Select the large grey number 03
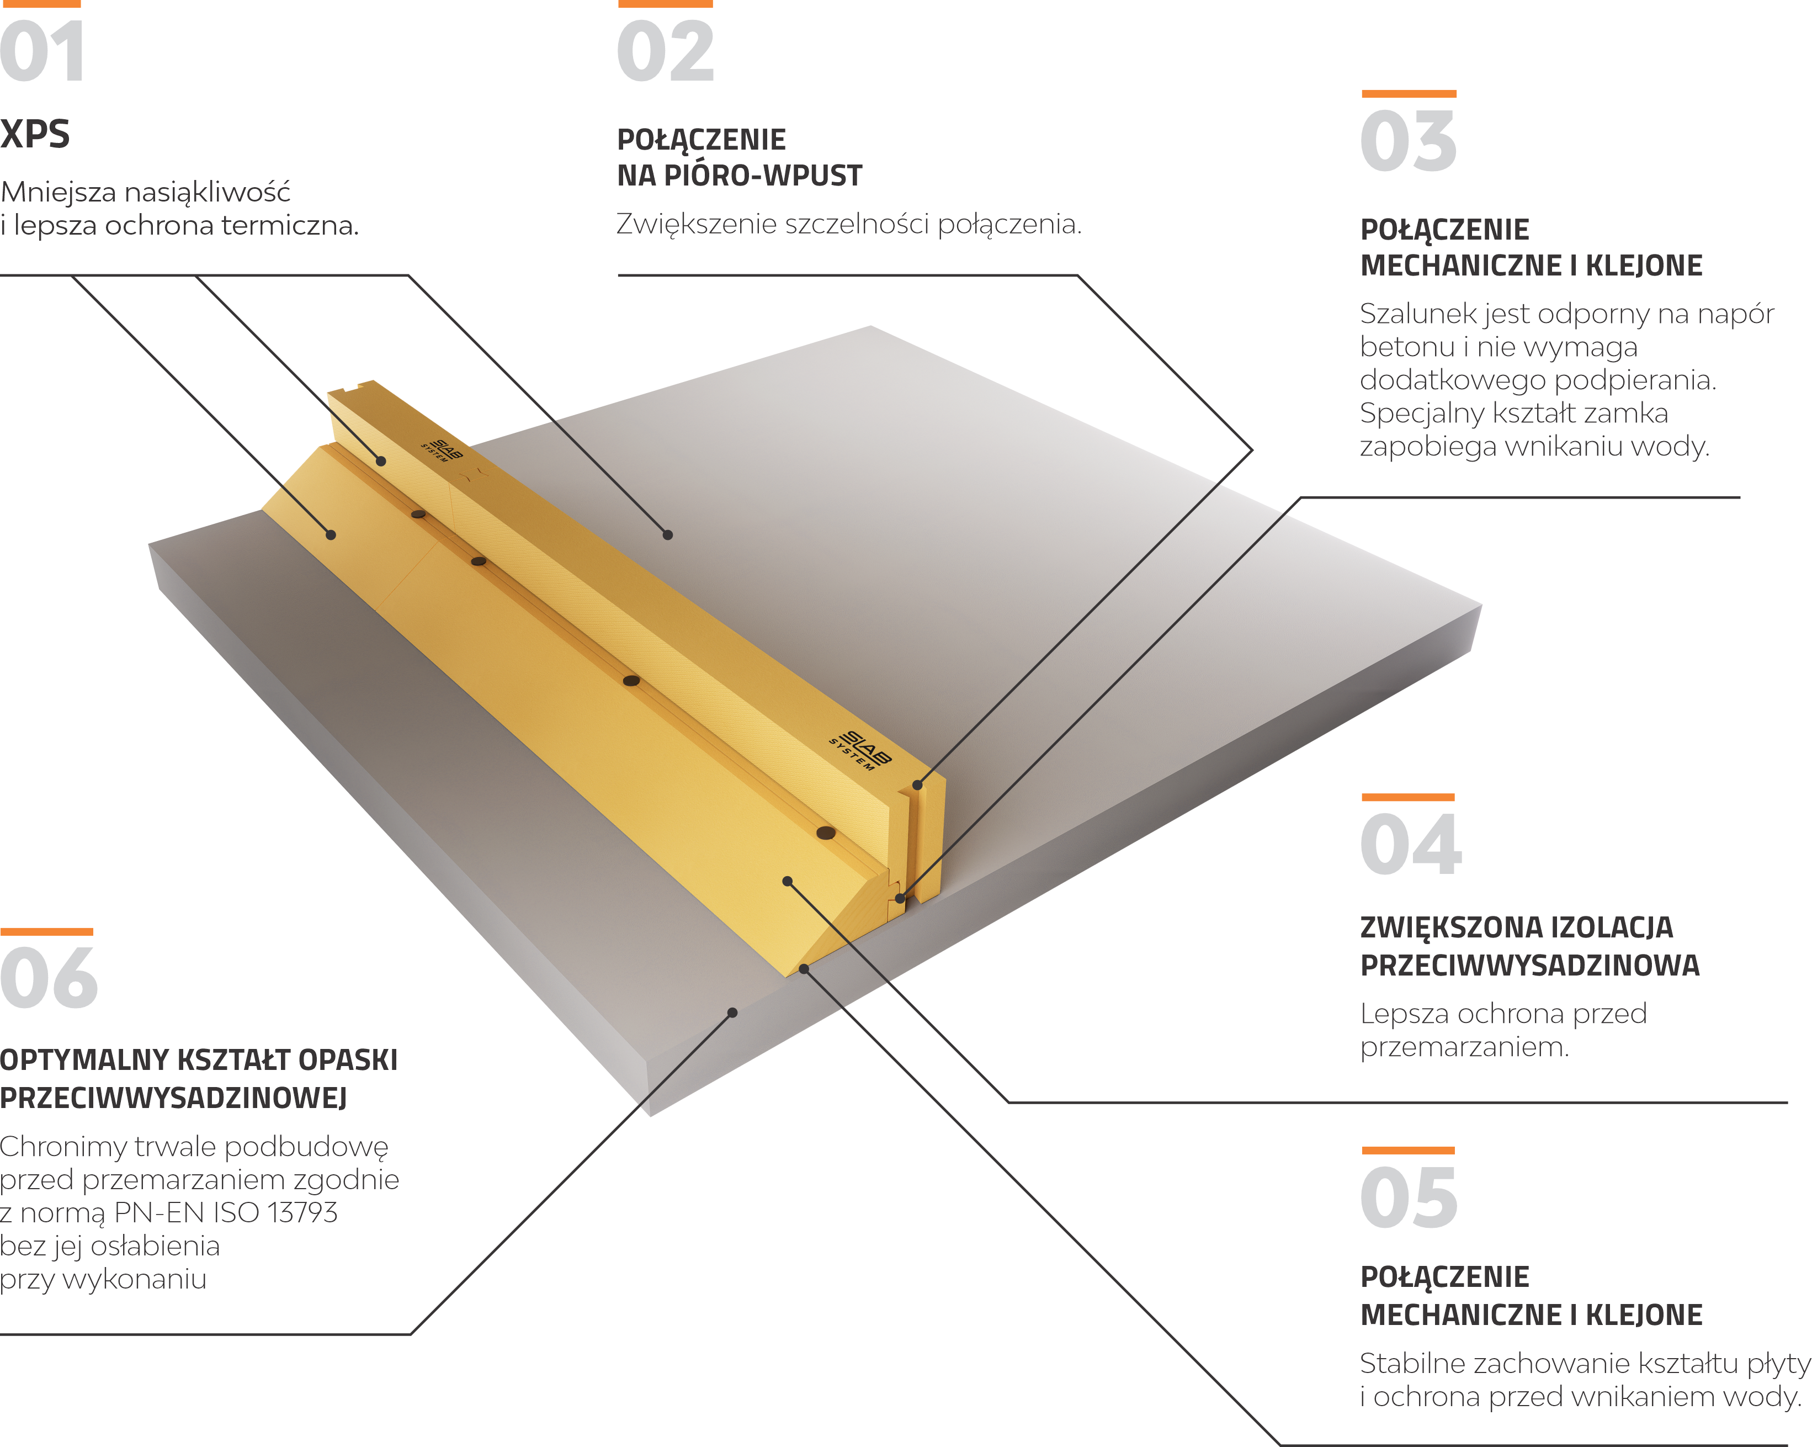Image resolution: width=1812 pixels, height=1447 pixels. pos(1409,141)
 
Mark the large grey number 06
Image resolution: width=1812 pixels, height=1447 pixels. pos(49,978)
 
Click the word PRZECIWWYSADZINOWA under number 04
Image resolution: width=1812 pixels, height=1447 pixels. pos(1529,965)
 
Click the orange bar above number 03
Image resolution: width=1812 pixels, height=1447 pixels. pos(1409,93)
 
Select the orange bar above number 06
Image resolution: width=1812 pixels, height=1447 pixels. pos(46,931)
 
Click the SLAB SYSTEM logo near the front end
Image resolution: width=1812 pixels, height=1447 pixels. pos(860,751)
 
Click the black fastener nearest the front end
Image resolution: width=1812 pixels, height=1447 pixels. pos(826,833)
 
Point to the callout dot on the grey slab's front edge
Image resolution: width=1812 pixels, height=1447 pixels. pos(732,1013)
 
